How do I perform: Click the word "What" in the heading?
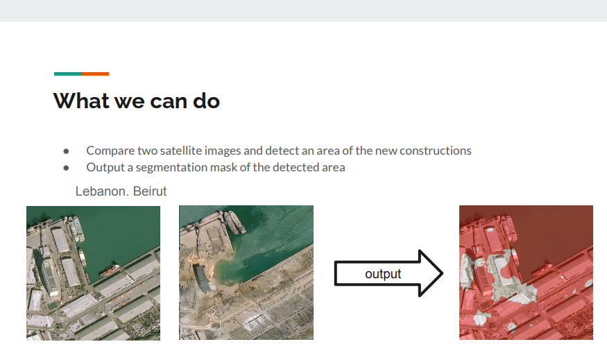pos(82,101)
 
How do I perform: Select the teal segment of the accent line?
pos(68,74)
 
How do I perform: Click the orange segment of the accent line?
pos(95,74)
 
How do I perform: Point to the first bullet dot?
pos(66,151)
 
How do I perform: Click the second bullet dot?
pos(66,168)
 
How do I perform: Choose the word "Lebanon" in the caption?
pos(102,191)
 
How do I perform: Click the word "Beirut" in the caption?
pos(150,191)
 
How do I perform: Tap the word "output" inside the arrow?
pos(383,274)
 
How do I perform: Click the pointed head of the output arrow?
pos(442,273)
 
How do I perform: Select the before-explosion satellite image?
pos(93,273)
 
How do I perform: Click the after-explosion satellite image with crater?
pos(246,273)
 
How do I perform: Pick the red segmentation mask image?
pos(526,273)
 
